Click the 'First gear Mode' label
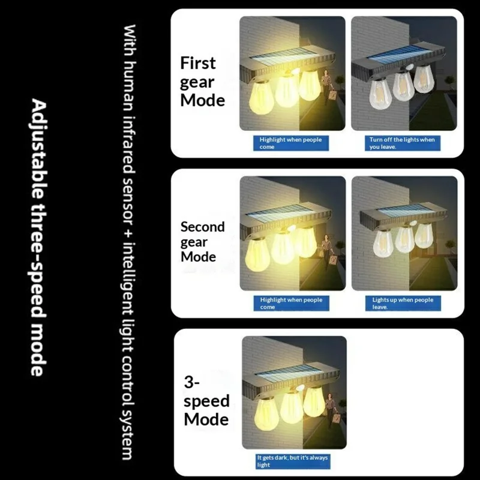pyautogui.click(x=203, y=82)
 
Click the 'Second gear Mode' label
pyautogui.click(x=203, y=242)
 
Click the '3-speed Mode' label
pyautogui.click(x=206, y=402)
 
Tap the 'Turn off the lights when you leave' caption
pyautogui.click(x=402, y=143)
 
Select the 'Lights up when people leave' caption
pyautogui.click(x=402, y=303)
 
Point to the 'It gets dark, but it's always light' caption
pyautogui.click(x=293, y=461)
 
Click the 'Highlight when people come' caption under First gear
pyautogui.click(x=290, y=143)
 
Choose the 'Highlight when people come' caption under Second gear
pyautogui.click(x=291, y=303)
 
